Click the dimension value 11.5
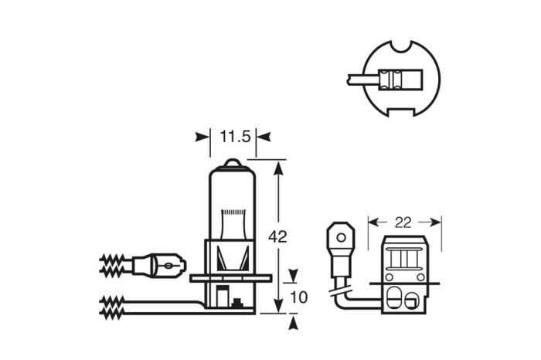point(233,138)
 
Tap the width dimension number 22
point(403,222)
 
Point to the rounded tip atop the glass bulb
point(232,163)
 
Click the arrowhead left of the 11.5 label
point(202,138)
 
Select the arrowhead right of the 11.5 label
point(263,138)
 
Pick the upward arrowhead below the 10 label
point(292,320)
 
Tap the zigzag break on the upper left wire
point(111,264)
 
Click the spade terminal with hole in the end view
point(338,236)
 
